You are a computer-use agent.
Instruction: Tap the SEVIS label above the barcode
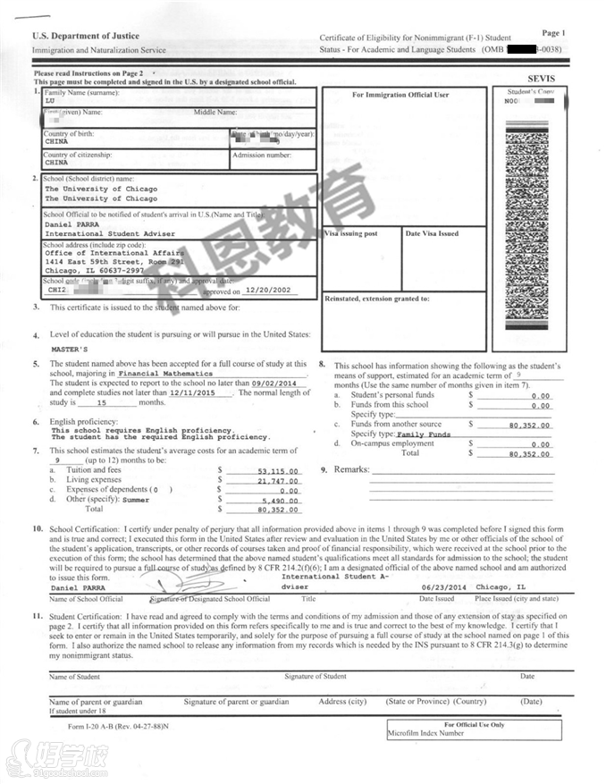(x=542, y=79)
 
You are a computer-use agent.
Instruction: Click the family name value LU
(x=50, y=100)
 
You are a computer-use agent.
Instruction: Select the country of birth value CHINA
(x=56, y=141)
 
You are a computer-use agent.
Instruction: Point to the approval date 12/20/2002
(x=268, y=291)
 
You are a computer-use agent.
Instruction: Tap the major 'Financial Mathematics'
(x=165, y=373)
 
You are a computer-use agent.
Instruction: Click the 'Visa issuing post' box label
(x=351, y=233)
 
